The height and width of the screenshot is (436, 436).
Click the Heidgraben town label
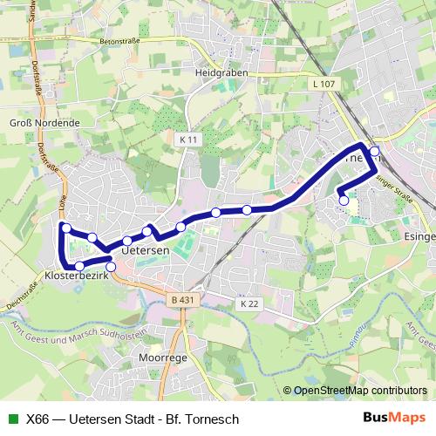point(221,73)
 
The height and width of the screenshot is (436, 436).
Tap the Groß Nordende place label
point(44,124)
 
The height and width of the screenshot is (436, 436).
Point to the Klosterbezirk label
point(75,276)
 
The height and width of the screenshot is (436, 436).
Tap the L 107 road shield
point(322,84)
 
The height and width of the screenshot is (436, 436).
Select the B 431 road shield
point(180,299)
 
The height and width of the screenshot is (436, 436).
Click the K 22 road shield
point(250,303)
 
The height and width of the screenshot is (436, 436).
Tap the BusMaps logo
point(395,418)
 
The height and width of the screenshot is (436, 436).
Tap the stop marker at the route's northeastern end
point(375,152)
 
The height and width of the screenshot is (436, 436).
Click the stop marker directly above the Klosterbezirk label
point(79,265)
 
